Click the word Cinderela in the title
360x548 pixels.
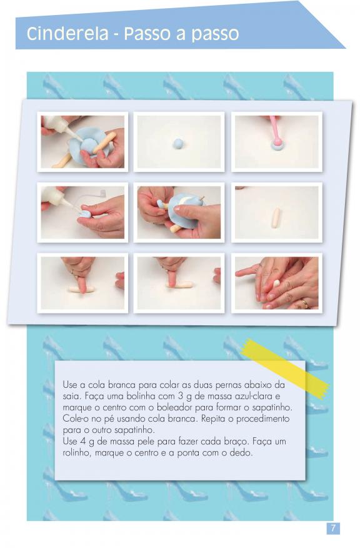[67, 34]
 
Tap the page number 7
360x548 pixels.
[332, 528]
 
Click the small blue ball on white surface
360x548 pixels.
[178, 143]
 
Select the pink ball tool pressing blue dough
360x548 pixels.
[276, 131]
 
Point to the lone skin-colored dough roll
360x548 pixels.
[276, 218]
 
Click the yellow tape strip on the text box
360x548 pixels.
[285, 368]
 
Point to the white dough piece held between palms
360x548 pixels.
[277, 283]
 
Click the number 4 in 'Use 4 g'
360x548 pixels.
[82, 442]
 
